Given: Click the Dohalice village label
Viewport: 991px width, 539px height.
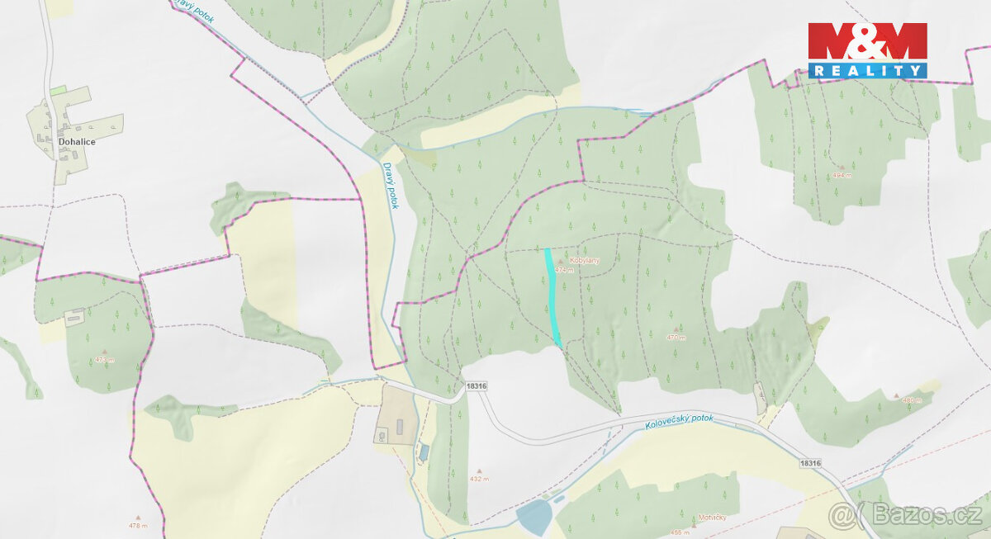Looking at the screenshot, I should (77, 142).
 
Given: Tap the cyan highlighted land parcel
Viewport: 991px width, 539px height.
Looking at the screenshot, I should (552, 297).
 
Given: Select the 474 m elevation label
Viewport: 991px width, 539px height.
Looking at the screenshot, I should (564, 270).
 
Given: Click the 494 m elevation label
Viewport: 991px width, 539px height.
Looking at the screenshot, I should (842, 176).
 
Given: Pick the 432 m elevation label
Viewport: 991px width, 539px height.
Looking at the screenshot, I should (480, 479).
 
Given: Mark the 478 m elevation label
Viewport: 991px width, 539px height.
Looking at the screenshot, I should (139, 526).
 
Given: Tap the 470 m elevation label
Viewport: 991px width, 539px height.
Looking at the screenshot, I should (676, 337).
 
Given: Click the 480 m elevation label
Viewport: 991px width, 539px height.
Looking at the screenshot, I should (911, 400).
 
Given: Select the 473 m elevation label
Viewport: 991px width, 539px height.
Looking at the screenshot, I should (104, 359).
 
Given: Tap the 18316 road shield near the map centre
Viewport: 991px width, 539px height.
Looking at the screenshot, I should (477, 386).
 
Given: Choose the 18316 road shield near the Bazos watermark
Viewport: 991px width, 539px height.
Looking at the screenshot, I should (811, 464).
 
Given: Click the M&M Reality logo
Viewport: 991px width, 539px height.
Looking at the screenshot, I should (867, 50).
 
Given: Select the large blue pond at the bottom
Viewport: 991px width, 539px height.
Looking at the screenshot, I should (533, 518).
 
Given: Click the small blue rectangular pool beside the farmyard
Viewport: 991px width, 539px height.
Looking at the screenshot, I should (424, 452).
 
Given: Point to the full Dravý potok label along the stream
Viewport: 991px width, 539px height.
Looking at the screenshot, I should (390, 185).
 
